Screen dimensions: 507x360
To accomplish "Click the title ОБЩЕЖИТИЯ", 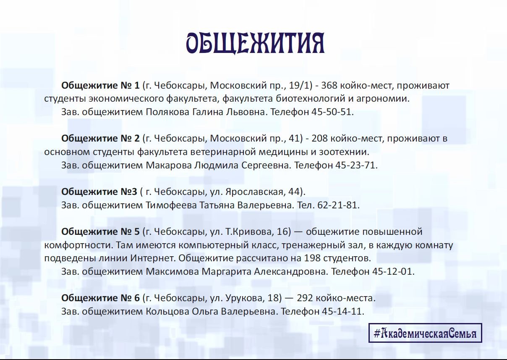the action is tap(255, 44).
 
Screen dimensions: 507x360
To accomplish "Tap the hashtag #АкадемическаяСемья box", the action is tap(425, 333).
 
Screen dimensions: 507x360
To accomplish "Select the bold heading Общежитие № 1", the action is tap(100, 85).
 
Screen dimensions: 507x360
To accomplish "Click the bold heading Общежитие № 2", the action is tap(100, 139).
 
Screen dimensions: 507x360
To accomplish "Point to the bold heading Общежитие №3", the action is tap(99, 192).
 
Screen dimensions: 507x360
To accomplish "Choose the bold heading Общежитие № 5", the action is tap(100, 231).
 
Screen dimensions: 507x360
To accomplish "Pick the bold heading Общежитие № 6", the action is tap(100, 298).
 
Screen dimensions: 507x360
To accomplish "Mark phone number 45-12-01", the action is tap(392, 271).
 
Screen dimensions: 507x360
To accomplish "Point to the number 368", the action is tap(329, 85).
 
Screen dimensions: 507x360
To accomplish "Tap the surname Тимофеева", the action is tap(171, 205).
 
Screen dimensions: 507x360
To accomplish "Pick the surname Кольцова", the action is tap(167, 312).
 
